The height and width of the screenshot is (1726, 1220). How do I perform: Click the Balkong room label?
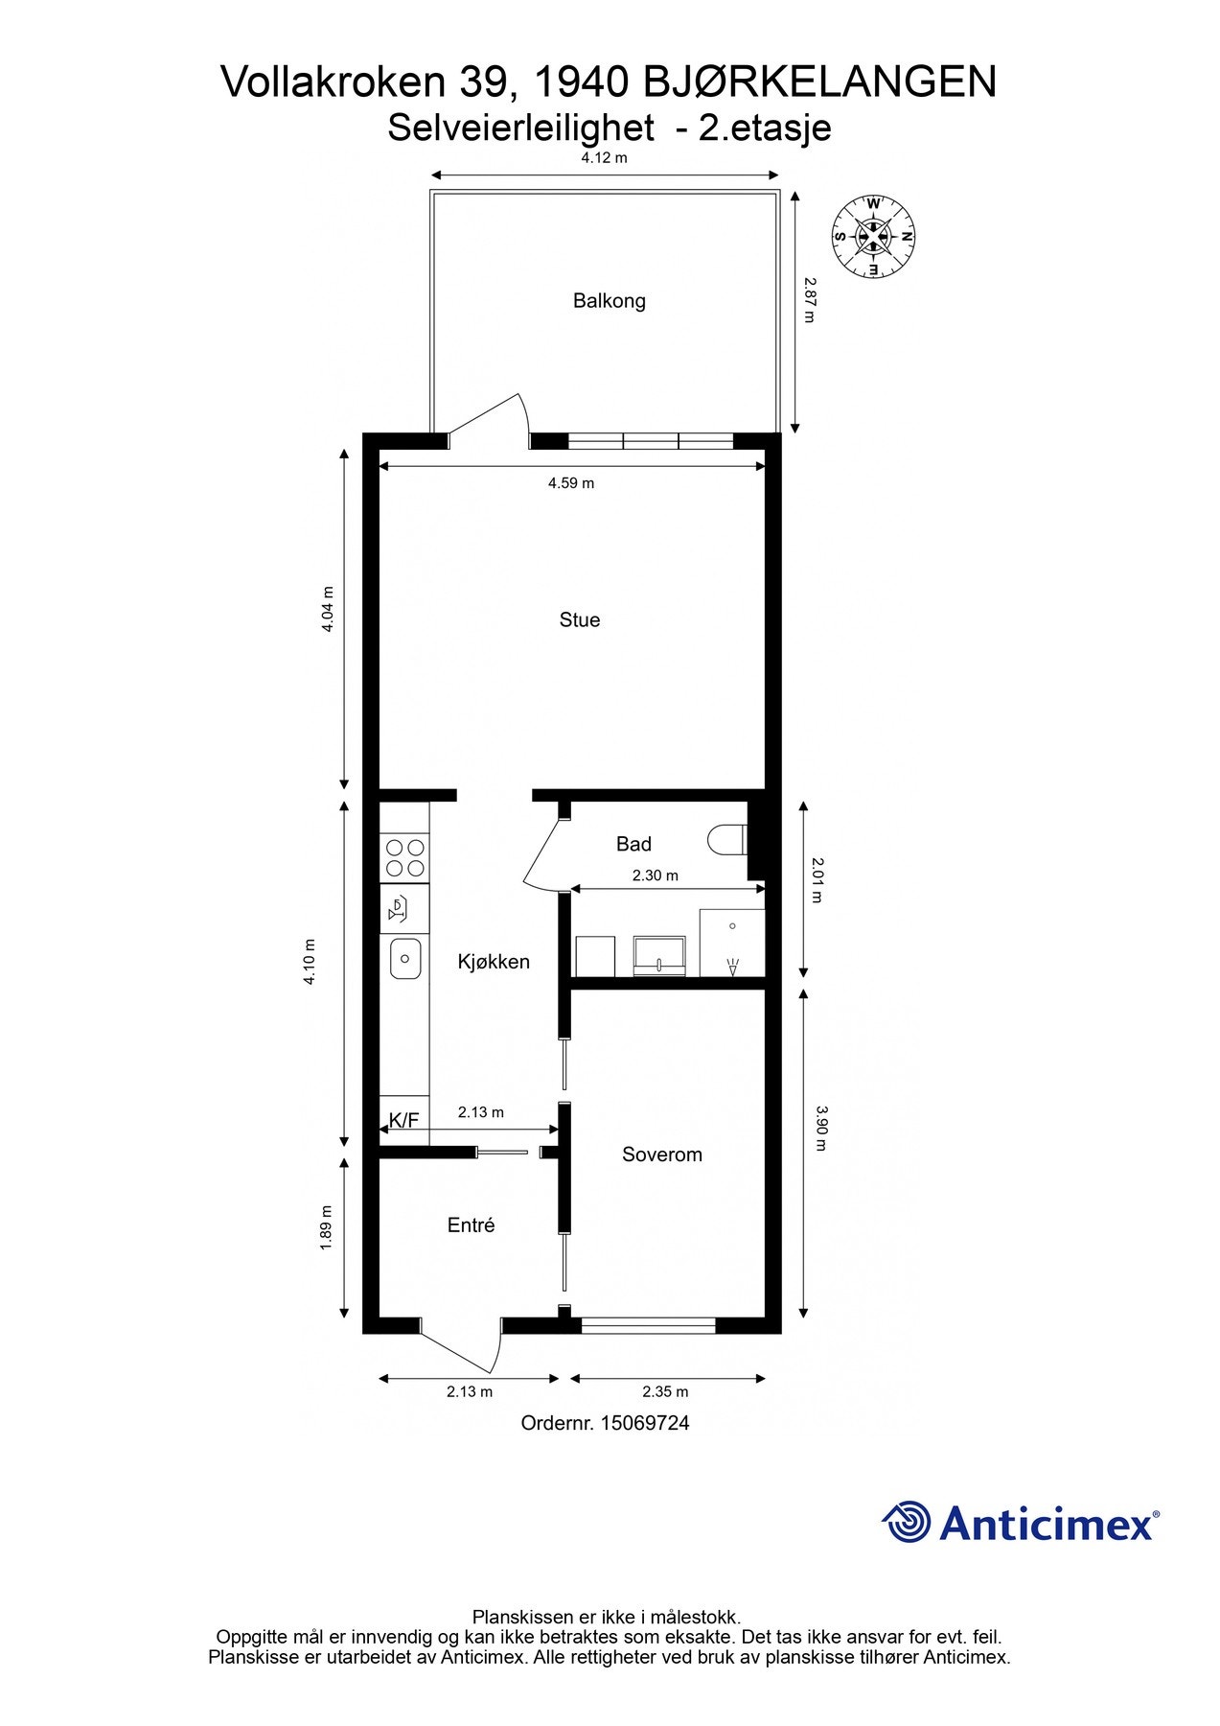(609, 301)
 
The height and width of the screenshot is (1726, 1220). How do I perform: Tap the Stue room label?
(579, 620)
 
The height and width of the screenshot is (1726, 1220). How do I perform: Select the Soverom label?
(661, 1155)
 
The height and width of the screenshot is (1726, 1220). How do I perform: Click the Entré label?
(471, 1225)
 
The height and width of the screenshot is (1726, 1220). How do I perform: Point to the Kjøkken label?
(493, 962)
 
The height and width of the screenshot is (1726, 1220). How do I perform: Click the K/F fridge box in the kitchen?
(403, 1120)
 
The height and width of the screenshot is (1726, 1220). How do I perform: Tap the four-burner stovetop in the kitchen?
(403, 858)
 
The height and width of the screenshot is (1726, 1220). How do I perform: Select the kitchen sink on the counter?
(405, 959)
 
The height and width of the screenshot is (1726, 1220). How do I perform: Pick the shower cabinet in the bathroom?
(731, 944)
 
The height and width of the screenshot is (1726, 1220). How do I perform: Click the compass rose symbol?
(873, 236)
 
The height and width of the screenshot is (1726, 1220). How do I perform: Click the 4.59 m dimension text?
(570, 483)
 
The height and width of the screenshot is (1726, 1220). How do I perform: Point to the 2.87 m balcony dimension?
(809, 300)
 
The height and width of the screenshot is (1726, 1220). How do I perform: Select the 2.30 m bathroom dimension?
(655, 875)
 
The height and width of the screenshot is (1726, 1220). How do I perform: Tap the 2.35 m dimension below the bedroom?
(664, 1391)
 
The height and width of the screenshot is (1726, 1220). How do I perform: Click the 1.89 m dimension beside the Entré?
(326, 1226)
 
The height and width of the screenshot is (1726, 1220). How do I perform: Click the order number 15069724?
(644, 1423)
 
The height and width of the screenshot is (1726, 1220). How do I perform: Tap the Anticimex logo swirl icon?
(906, 1522)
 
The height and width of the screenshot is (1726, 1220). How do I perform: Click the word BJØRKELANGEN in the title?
(819, 82)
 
